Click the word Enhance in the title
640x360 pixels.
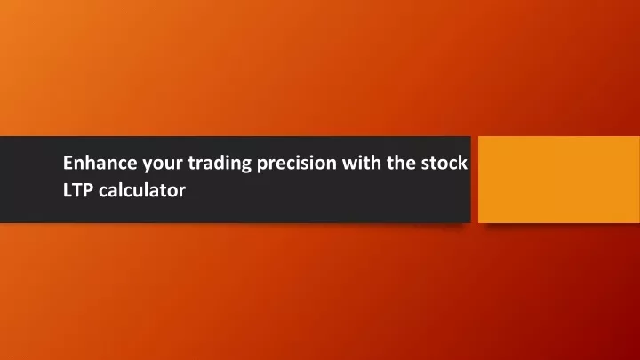point(100,163)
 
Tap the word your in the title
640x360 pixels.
point(163,165)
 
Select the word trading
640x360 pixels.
point(220,164)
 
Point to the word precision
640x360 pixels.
point(297,164)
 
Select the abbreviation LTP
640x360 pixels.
point(78,190)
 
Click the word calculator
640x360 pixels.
point(142,190)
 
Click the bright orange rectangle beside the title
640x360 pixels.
point(559,180)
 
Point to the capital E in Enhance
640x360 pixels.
point(68,163)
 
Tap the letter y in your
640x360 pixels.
point(148,166)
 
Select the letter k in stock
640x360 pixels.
point(462,162)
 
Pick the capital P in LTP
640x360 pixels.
point(88,190)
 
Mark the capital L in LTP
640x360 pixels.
point(68,190)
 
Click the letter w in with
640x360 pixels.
point(350,164)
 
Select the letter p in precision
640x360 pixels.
point(262,166)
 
